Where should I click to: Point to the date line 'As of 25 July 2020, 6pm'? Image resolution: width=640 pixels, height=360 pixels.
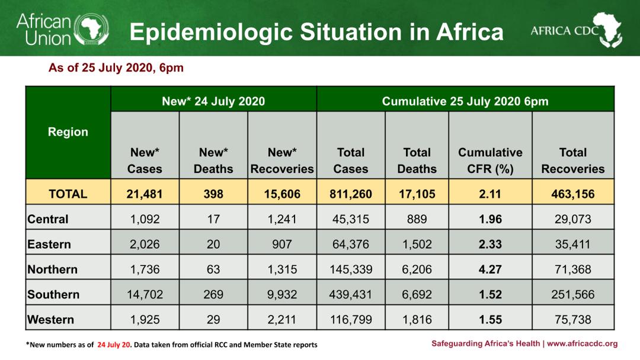tap(116, 68)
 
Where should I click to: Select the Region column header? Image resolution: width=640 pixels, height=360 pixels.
tap(68, 132)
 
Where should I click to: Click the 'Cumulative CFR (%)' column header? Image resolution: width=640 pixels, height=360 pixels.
tap(490, 160)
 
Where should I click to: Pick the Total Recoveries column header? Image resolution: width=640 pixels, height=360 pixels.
tap(572, 160)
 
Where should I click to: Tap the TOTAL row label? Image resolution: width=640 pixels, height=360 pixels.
tap(68, 194)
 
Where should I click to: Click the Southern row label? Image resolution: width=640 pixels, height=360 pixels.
tap(53, 294)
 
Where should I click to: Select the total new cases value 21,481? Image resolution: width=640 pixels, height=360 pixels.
tap(145, 194)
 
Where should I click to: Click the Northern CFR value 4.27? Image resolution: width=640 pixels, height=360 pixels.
tap(490, 269)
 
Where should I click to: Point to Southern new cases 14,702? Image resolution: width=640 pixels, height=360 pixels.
tap(145, 294)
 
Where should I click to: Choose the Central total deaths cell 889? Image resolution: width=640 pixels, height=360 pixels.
tap(417, 219)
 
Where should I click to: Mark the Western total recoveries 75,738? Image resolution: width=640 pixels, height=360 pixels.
tap(572, 320)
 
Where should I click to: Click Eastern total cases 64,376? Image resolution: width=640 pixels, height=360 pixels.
tap(351, 245)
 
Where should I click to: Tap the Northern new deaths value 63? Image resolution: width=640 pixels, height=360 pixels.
tap(213, 269)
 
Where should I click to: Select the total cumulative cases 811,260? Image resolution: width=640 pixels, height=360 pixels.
tap(351, 194)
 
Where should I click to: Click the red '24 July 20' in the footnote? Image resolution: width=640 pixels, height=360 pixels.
tap(114, 345)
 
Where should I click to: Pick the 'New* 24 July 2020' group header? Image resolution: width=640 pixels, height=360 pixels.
tap(213, 101)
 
